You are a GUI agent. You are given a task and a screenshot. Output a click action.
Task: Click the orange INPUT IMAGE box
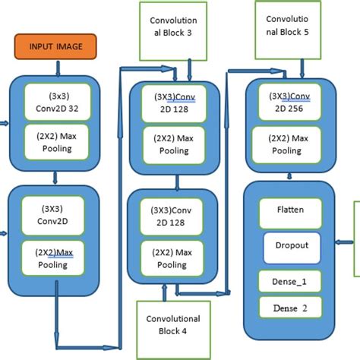(x=56, y=46)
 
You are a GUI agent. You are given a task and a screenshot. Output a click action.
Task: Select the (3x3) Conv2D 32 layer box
(x=56, y=100)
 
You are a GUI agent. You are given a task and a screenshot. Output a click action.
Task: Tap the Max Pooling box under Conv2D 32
(x=56, y=142)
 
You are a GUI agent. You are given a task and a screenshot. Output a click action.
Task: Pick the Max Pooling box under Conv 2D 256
(x=289, y=144)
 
